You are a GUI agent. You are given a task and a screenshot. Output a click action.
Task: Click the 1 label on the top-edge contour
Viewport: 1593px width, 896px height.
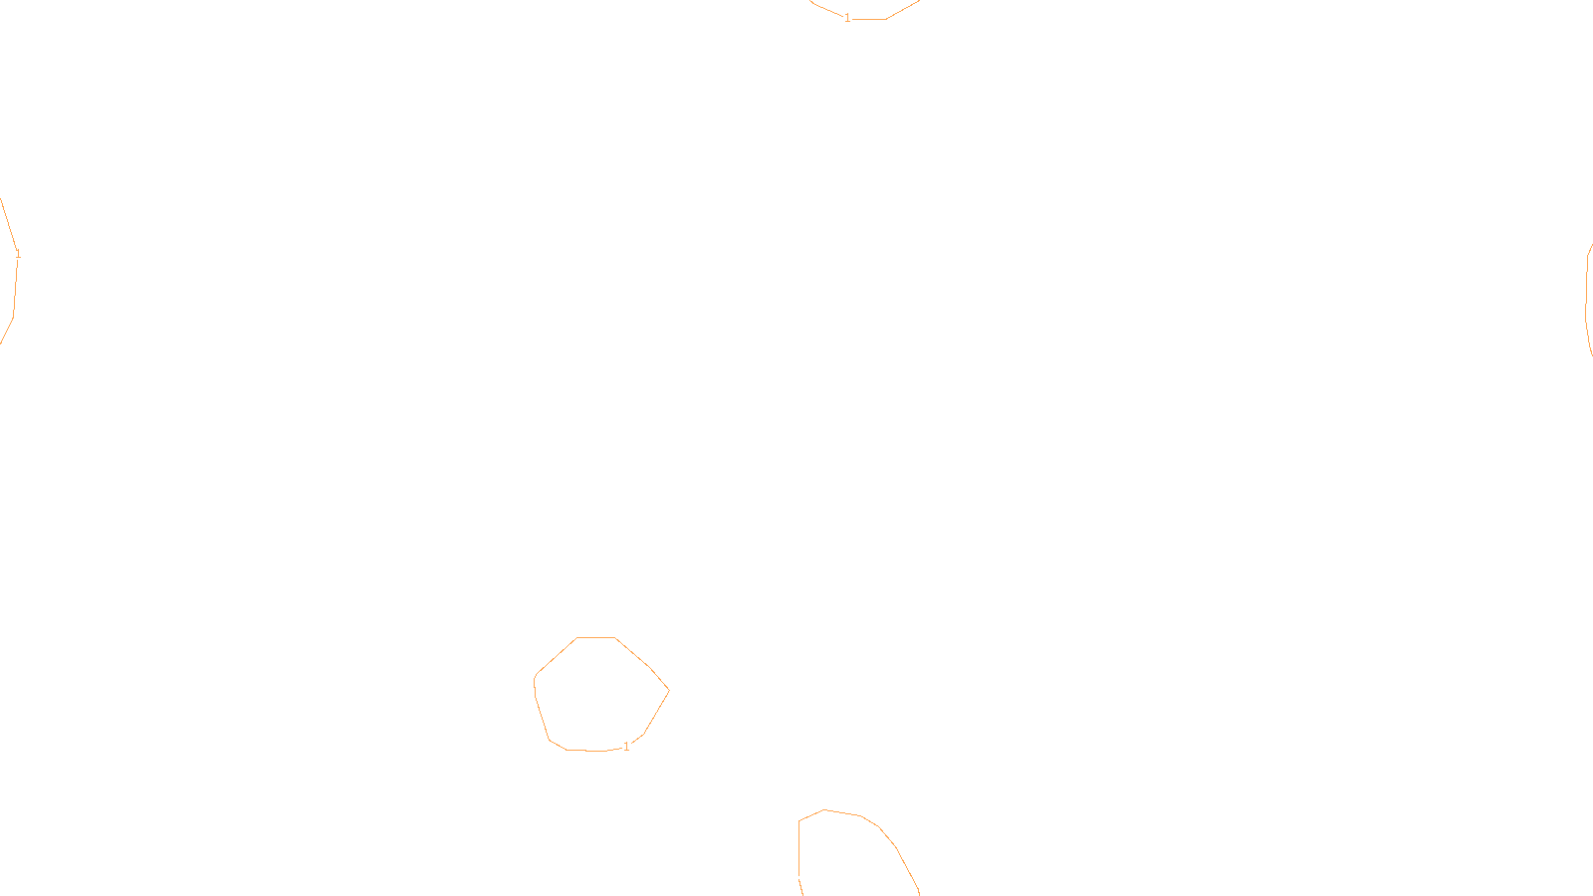pos(847,18)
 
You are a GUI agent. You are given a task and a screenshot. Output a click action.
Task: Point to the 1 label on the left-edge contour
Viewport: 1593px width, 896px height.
pos(18,255)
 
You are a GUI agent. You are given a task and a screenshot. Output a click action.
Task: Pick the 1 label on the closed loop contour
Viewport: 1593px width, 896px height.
pos(626,747)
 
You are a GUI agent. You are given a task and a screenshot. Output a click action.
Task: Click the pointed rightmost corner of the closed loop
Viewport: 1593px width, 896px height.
pos(668,690)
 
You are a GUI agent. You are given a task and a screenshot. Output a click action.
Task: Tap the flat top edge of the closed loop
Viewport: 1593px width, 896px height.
pos(595,637)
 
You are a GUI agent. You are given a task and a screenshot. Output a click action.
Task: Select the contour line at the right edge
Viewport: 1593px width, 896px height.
pos(1587,299)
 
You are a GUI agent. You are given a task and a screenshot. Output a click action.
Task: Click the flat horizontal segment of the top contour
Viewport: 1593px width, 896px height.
pos(868,19)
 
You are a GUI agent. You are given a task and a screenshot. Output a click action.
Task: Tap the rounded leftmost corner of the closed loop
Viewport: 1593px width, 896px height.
pos(536,681)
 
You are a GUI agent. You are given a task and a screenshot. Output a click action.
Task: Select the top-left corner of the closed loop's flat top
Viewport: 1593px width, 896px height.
pos(577,637)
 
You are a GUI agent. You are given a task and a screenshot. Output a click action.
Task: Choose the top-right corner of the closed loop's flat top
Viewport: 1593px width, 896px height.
pos(614,637)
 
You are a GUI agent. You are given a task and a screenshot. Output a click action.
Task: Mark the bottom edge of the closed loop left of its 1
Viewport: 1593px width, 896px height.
pos(585,751)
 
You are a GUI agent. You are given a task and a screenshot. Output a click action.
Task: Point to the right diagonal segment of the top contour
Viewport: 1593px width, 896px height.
pos(902,10)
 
